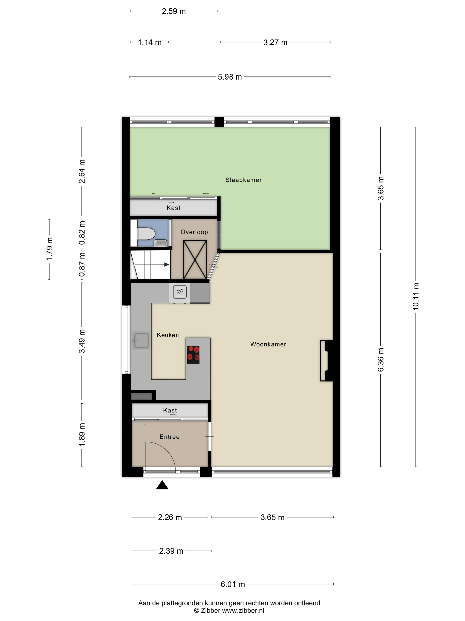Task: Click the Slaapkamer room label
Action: [243, 180]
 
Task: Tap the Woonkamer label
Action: [268, 344]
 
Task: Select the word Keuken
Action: [168, 335]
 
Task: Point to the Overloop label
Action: [194, 232]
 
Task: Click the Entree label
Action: [170, 436]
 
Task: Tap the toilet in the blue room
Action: [146, 234]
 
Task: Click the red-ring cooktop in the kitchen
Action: [193, 355]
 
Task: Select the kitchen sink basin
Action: [141, 340]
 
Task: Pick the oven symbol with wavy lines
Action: [180, 292]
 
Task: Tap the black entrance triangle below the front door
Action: [162, 485]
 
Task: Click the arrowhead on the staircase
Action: [167, 264]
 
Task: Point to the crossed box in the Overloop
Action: [195, 260]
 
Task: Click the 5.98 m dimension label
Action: [230, 77]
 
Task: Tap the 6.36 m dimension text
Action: [380, 360]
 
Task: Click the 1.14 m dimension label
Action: [150, 42]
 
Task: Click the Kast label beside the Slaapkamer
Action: [174, 208]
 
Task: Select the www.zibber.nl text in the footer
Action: [243, 610]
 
